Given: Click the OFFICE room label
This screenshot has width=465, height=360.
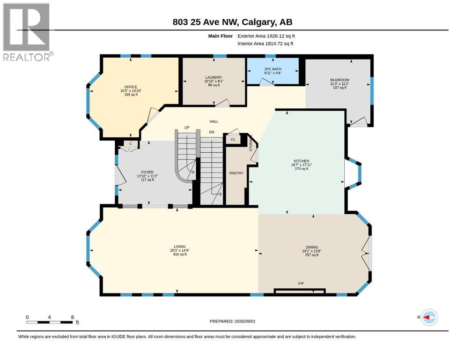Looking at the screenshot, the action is point(131,87).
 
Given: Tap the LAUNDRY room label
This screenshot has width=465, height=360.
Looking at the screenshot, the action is point(214,77).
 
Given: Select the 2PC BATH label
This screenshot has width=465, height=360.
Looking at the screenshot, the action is point(273,69).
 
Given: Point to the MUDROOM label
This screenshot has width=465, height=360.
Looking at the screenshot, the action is point(340,80).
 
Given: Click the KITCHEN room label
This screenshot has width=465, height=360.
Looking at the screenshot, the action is point(301,161).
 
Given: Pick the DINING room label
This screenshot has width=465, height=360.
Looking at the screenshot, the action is point(312,247).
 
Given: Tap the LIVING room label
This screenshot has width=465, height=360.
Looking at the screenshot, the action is point(180,247).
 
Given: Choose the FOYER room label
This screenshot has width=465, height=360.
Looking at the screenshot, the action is point(148,172).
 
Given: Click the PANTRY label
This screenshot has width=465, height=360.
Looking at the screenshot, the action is point(236,173).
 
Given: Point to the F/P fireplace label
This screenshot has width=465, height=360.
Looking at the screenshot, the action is point(301,284).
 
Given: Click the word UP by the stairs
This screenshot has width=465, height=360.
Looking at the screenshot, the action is point(187,127).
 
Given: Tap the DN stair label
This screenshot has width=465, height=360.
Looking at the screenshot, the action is point(212,132).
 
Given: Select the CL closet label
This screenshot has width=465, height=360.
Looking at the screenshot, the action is point(233,140).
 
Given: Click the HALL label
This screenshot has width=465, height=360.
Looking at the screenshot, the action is point(214,121).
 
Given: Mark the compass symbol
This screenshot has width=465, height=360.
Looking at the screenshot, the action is point(429,317).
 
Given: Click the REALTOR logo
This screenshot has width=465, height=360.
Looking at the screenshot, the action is point(27,32).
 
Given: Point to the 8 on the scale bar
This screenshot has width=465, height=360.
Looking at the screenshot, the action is point(73,317).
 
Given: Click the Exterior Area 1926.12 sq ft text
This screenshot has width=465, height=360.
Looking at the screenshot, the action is point(266,36).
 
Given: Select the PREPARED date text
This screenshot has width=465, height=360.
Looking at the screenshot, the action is point(232,321).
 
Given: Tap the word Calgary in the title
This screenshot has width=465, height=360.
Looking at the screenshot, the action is point(258,22).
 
